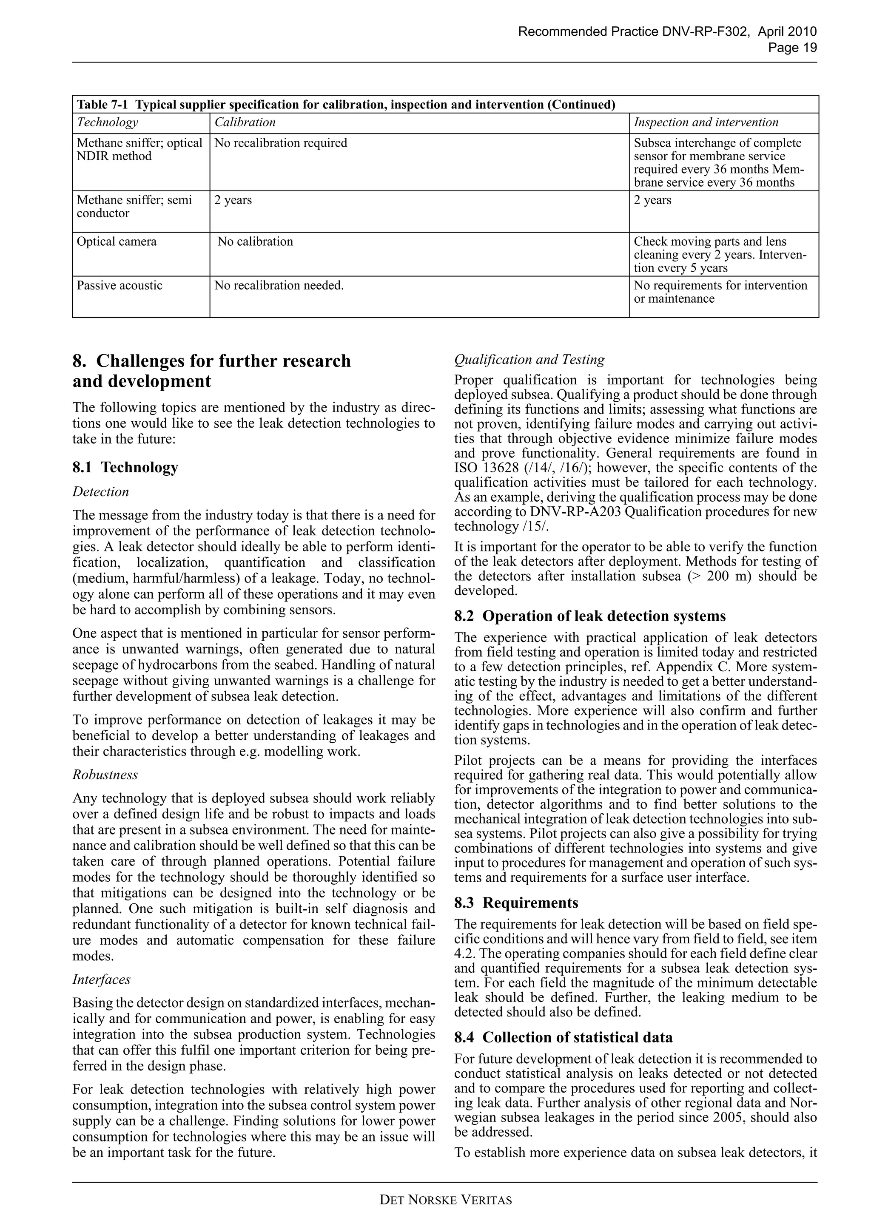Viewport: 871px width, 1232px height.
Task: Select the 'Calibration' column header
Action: click(x=245, y=122)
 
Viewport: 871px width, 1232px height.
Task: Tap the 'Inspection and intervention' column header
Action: click(x=706, y=122)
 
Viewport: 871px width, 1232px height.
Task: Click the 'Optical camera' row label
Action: click(x=117, y=241)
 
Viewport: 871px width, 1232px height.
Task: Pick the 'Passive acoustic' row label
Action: click(x=119, y=285)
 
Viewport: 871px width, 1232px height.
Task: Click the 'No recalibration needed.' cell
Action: click(x=279, y=285)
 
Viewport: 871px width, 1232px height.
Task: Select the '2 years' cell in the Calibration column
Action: click(x=233, y=200)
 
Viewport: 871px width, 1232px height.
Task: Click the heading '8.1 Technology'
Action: click(x=125, y=467)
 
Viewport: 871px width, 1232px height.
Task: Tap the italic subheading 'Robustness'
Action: click(x=105, y=775)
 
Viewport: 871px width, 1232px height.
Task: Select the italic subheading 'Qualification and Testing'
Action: click(x=529, y=360)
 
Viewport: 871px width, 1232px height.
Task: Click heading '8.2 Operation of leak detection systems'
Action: click(x=589, y=616)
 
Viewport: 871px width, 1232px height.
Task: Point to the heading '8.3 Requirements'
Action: click(x=516, y=903)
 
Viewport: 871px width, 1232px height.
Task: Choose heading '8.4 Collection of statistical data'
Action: click(x=563, y=1037)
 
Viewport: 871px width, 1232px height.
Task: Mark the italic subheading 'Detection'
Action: click(x=100, y=492)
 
